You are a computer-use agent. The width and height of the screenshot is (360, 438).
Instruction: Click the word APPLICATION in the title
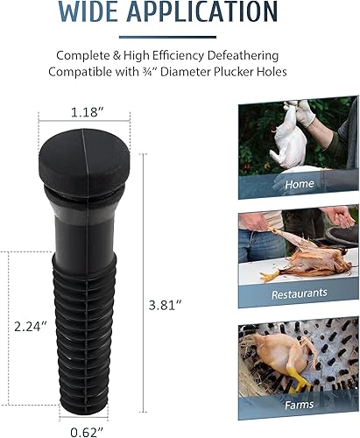[208, 12]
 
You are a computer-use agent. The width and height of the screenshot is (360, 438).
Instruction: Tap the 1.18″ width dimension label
[89, 112]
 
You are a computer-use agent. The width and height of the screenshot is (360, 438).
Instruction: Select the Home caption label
[300, 185]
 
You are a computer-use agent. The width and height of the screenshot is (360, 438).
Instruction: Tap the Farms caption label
[299, 405]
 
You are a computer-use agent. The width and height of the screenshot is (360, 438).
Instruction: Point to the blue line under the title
[180, 36]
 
